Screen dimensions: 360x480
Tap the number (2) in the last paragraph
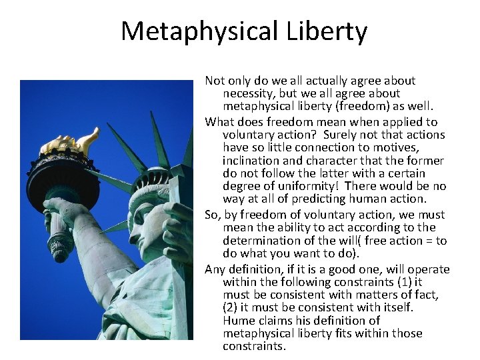click(231, 307)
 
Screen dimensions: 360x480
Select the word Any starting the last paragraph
click(215, 269)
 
